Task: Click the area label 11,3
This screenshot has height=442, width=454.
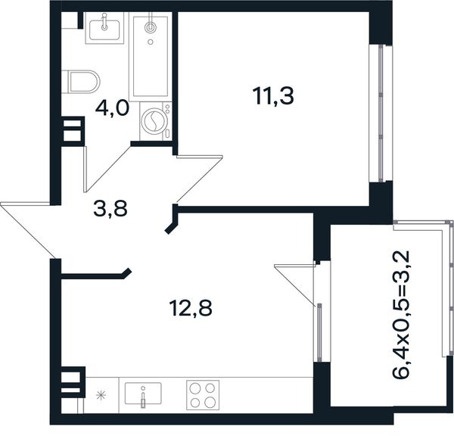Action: click(273, 96)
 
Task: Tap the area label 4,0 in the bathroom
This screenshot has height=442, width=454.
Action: click(112, 109)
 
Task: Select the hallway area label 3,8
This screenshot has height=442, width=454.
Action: click(110, 209)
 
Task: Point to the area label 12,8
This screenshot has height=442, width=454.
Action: click(191, 308)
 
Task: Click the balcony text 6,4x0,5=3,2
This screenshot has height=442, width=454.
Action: click(401, 315)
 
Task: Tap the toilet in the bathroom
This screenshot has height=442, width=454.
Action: click(81, 82)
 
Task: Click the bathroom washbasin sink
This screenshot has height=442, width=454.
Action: click(104, 28)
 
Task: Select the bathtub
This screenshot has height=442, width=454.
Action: click(151, 57)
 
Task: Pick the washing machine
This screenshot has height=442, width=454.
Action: click(155, 121)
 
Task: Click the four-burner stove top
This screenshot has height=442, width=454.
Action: click(203, 395)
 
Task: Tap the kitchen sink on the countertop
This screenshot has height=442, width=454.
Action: click(143, 394)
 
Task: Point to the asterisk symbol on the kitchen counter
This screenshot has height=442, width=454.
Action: click(101, 395)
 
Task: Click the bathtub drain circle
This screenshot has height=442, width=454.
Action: click(151, 42)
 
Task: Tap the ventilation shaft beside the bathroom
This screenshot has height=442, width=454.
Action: click(73, 131)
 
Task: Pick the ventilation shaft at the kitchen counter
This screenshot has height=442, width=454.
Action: click(73, 382)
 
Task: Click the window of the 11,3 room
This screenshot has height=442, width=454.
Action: click(381, 114)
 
